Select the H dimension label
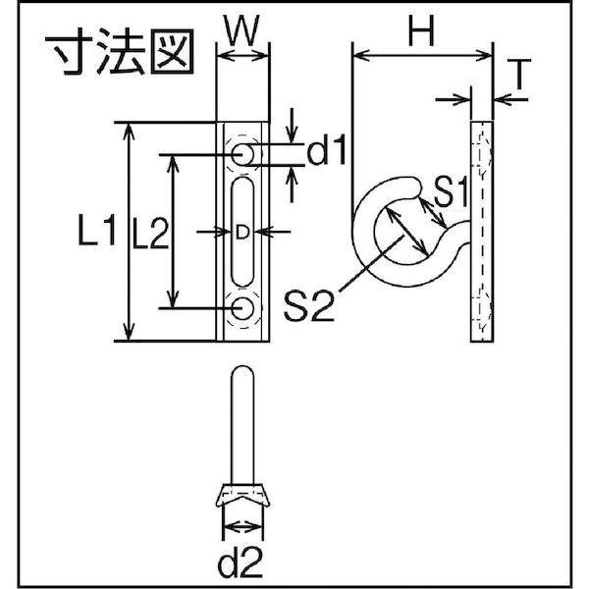(420, 34)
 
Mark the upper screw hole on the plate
(242, 154)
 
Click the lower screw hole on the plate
(242, 309)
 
